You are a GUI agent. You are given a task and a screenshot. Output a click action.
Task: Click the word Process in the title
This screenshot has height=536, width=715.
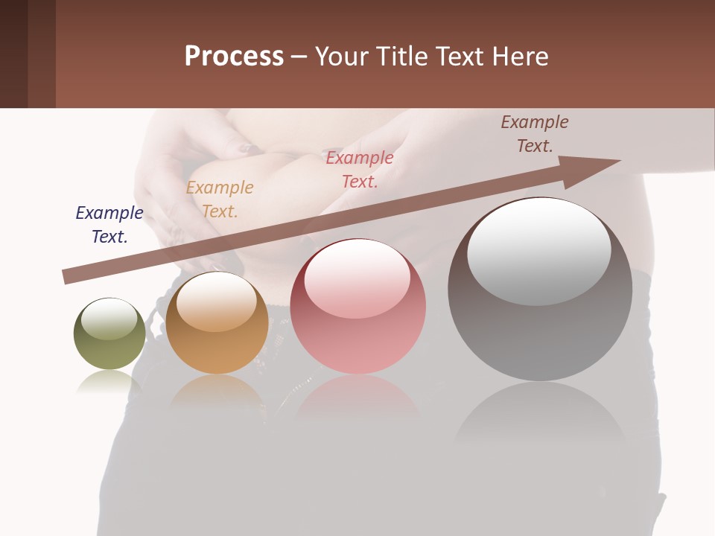tap(234, 57)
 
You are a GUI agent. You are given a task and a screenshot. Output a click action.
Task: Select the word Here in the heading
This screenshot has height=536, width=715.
tap(519, 57)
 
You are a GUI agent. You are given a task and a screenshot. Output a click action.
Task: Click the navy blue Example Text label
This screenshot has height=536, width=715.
tap(109, 225)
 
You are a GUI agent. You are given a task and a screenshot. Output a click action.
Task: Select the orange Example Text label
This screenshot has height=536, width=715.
tap(220, 200)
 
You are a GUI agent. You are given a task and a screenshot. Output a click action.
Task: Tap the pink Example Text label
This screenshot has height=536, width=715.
tap(360, 170)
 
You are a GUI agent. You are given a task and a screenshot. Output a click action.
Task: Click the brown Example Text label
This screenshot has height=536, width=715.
tap(535, 134)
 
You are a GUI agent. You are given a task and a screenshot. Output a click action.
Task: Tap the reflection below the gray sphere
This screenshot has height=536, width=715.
tap(540, 413)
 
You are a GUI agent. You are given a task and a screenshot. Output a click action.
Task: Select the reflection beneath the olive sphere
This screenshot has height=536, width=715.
tap(109, 383)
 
